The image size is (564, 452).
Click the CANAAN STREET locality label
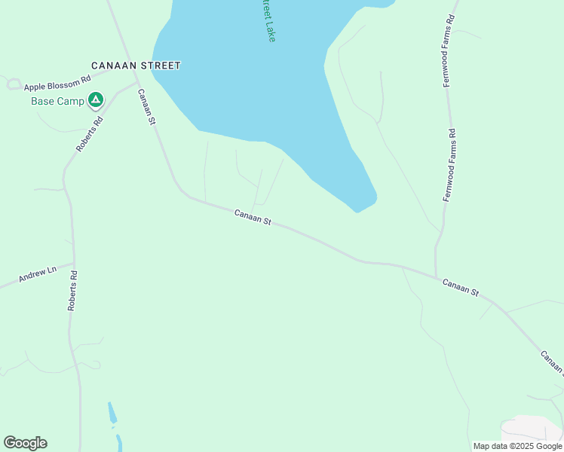(x=136, y=66)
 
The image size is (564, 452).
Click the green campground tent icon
(x=95, y=99)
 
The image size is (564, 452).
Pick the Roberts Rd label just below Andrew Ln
(x=72, y=290)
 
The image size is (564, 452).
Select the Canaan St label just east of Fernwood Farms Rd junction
(x=460, y=286)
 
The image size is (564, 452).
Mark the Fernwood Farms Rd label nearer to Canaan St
(x=450, y=165)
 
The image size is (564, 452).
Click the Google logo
(x=25, y=443)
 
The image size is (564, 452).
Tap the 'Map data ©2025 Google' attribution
(x=517, y=446)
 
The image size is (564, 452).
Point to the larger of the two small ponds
(x=112, y=412)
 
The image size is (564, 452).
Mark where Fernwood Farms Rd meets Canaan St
(x=436, y=276)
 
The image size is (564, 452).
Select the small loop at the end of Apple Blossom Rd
(x=13, y=84)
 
